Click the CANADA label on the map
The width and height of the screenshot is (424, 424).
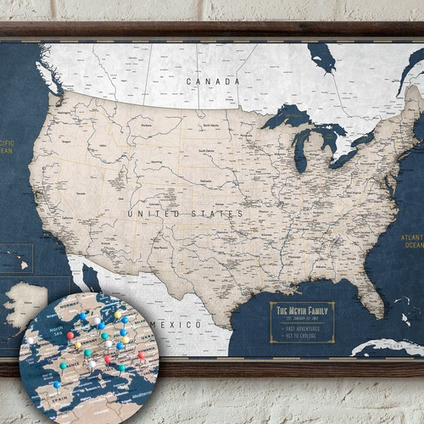click(x=213, y=81)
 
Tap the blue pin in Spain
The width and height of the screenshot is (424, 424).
click(x=58, y=383)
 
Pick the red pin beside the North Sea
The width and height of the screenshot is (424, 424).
click(x=70, y=334)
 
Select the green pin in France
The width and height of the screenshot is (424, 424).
click(x=63, y=365)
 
